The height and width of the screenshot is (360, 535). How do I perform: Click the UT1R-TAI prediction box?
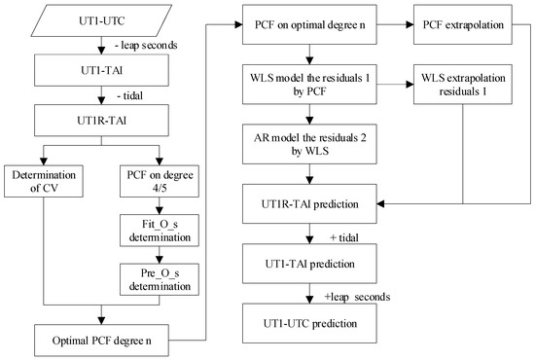(308, 204)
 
